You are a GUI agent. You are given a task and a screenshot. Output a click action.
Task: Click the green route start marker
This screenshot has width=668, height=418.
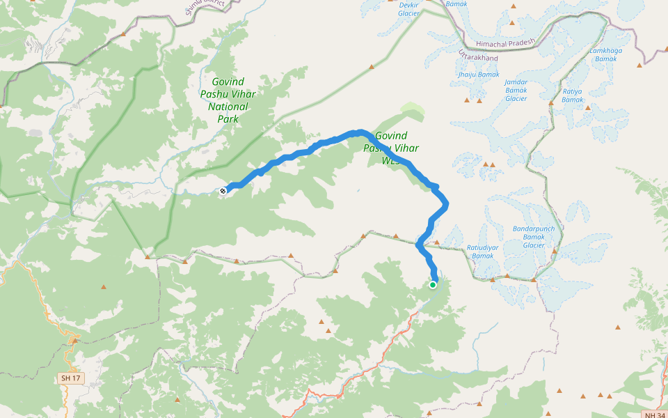[x=433, y=284]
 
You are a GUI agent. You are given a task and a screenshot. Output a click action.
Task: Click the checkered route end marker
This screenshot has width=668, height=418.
[x=223, y=190]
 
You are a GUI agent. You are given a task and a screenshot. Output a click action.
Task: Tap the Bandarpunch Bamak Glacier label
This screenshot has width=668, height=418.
[x=533, y=236]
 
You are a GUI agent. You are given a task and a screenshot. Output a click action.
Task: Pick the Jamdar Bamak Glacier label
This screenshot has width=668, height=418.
[x=516, y=90]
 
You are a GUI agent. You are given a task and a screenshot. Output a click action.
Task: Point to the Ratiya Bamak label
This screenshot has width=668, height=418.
[x=572, y=95]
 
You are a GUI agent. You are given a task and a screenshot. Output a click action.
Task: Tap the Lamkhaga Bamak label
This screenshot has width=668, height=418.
[x=605, y=54]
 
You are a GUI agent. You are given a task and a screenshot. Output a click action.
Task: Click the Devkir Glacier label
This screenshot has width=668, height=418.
[x=408, y=8]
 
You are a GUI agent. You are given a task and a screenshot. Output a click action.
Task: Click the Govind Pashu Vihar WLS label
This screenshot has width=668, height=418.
[x=392, y=148]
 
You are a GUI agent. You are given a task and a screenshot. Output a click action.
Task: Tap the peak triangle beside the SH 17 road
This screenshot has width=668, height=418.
[x=74, y=341]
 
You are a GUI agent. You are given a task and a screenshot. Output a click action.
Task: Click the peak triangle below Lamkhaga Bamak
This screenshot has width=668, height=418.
[x=639, y=65]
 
